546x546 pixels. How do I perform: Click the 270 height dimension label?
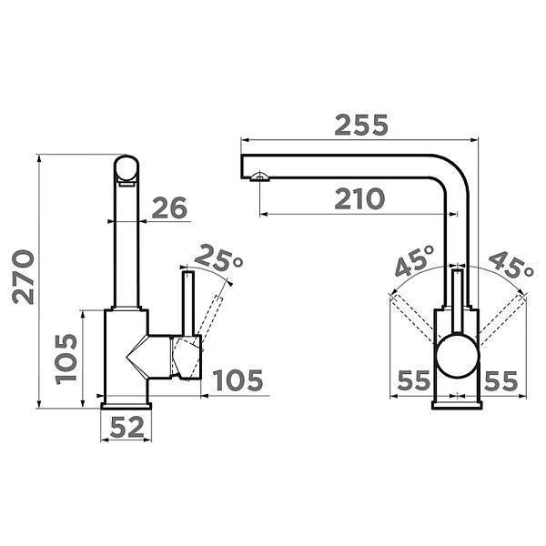[24, 277]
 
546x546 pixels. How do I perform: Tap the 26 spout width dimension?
[169, 207]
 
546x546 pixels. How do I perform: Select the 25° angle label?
[218, 258]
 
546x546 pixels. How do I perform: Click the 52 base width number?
[126, 427]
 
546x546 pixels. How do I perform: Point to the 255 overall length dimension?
[361, 125]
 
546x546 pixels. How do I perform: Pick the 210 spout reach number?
[359, 198]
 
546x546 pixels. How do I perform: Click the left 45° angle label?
[415, 260]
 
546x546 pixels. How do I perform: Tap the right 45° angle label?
[511, 265]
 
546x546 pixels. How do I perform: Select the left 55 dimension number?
[414, 380]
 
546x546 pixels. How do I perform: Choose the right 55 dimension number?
[500, 381]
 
